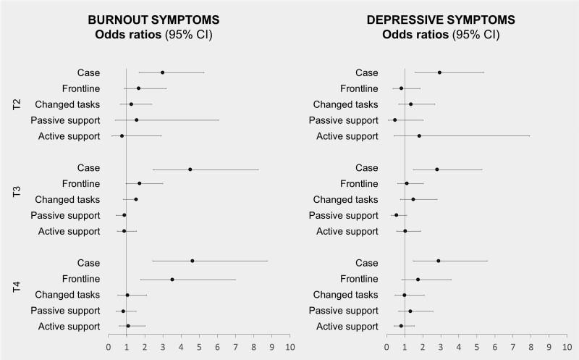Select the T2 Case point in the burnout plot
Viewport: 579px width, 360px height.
(x=162, y=72)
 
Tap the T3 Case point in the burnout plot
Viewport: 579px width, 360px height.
(x=190, y=169)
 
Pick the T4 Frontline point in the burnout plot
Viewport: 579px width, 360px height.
(x=172, y=280)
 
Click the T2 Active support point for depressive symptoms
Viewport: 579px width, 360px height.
(x=419, y=135)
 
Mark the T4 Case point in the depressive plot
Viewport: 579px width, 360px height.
(x=439, y=261)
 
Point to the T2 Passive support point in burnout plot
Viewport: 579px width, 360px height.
(x=136, y=120)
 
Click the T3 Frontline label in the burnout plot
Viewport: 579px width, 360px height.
(x=80, y=184)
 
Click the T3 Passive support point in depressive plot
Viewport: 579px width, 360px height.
(x=396, y=215)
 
